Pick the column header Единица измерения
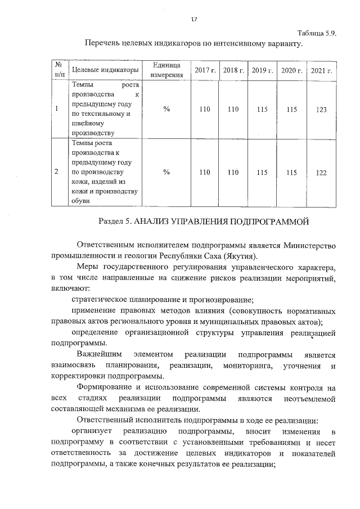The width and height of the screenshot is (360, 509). [166, 70]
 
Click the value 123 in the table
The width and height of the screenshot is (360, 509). [321, 110]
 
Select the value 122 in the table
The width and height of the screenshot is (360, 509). [321, 173]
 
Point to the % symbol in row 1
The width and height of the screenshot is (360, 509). [166, 110]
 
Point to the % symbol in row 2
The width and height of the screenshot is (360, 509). [166, 173]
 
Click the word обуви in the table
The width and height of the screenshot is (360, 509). [80, 202]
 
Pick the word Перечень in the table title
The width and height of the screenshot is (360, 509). [103, 43]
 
